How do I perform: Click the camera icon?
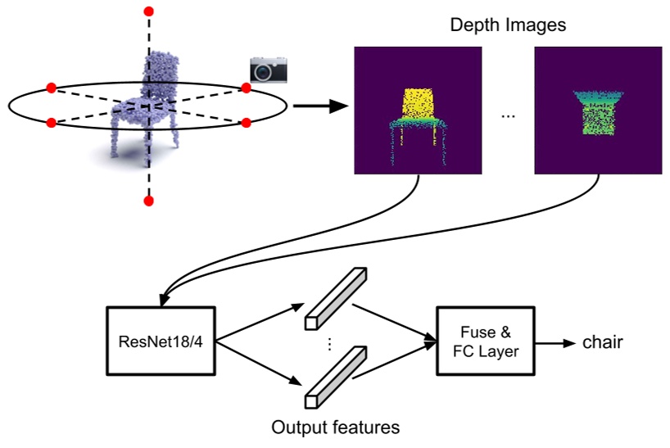269,70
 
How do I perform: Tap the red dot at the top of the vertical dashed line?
148,11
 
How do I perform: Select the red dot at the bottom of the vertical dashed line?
148,201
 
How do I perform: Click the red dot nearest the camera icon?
246,88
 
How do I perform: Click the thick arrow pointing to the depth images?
319,106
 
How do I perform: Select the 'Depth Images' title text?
508,25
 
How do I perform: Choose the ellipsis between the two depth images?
508,115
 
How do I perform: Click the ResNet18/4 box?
162,341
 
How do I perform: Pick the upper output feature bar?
334,297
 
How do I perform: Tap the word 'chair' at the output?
602,342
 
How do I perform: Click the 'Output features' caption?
336,427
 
